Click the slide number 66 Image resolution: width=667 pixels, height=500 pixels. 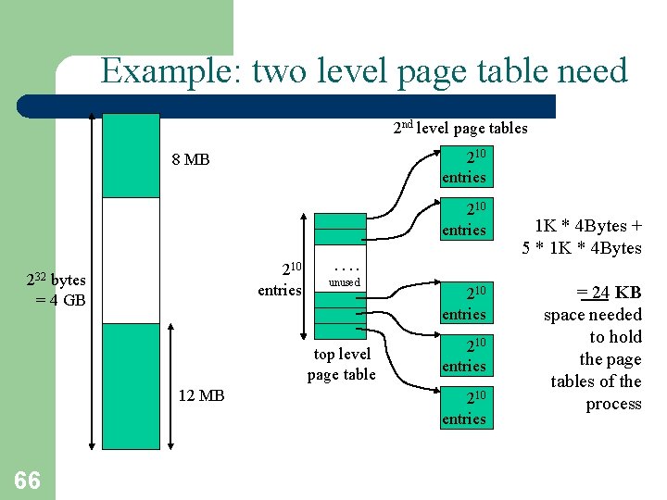[x=27, y=479]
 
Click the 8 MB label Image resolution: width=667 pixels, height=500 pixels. [x=191, y=159]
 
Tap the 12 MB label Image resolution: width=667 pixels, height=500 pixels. [x=201, y=395]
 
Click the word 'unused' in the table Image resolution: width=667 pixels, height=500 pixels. [x=345, y=281]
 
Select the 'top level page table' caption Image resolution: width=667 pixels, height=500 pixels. [x=341, y=364]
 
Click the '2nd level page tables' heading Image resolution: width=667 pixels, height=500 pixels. [x=460, y=128]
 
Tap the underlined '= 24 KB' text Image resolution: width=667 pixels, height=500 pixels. [x=609, y=294]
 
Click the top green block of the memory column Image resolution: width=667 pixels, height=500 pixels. [x=131, y=156]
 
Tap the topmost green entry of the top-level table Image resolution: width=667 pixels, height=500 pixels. [x=340, y=221]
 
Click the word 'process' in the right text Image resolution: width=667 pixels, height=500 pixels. [x=612, y=404]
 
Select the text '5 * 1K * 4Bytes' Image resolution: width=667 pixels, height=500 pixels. [x=582, y=247]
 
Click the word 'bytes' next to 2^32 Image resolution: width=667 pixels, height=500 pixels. [x=69, y=281]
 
